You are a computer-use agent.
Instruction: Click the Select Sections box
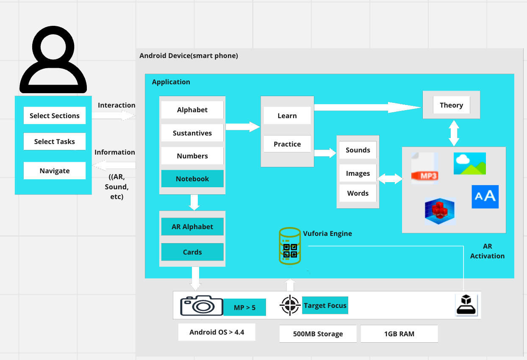pos(54,116)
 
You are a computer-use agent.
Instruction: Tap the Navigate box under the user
pos(54,171)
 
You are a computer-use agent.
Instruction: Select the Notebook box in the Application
pos(192,179)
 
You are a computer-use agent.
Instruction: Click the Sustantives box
pos(192,133)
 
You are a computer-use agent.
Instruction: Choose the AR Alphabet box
pos(192,227)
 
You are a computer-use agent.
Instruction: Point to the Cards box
pos(192,252)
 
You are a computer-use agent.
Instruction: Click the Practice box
pos(287,144)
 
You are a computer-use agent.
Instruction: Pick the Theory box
pos(451,105)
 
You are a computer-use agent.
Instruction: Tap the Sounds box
pos(358,150)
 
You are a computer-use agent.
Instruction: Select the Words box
pos(358,193)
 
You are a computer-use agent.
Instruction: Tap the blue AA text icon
pos(485,197)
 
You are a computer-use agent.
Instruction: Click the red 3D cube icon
pos(440,211)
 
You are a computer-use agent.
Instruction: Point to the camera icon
pos(202,305)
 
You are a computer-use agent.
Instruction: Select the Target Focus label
pos(325,305)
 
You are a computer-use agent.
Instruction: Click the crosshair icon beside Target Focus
pos(290,305)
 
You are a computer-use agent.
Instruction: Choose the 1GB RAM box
pos(399,334)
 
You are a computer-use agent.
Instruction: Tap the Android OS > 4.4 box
pos(216,332)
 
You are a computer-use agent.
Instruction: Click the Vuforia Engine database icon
pos(290,246)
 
